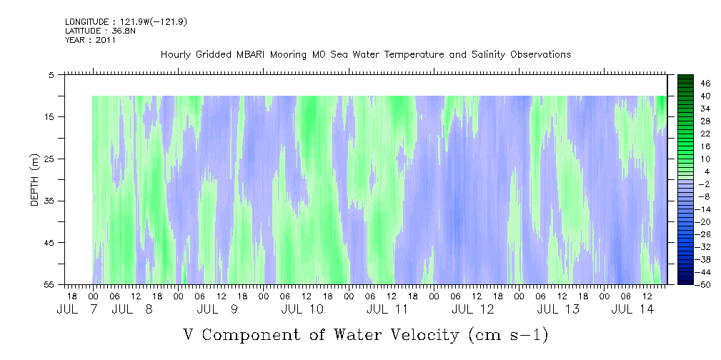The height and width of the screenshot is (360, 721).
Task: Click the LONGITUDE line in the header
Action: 126,22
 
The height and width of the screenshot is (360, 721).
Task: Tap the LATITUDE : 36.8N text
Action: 100,31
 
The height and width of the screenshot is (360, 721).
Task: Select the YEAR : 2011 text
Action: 90,40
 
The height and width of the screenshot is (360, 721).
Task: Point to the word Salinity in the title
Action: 488,55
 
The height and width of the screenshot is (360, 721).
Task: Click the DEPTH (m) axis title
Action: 35,179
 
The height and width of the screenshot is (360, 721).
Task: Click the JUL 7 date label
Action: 77,309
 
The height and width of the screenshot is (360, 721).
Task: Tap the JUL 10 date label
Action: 302,309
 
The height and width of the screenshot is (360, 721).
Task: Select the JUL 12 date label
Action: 473,309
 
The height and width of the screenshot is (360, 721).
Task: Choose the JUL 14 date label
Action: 632,309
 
